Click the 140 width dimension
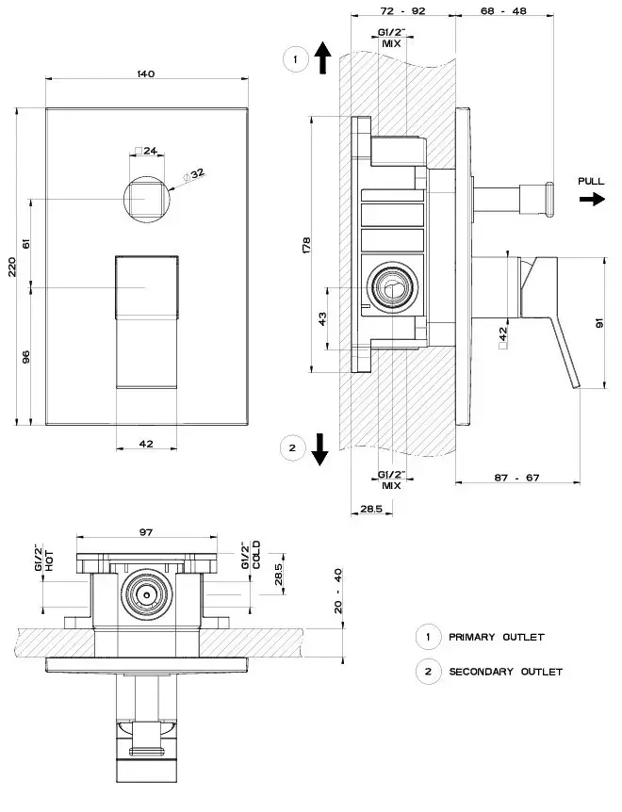[146, 73]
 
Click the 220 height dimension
[13, 265]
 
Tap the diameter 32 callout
[196, 174]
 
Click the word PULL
[592, 181]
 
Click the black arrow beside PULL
[592, 200]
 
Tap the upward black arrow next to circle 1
[321, 58]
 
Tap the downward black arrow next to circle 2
[320, 449]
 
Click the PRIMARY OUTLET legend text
[497, 638]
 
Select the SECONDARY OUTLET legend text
[506, 672]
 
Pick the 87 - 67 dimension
[516, 478]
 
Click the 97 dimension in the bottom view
[146, 533]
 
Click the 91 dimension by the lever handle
[600, 322]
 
